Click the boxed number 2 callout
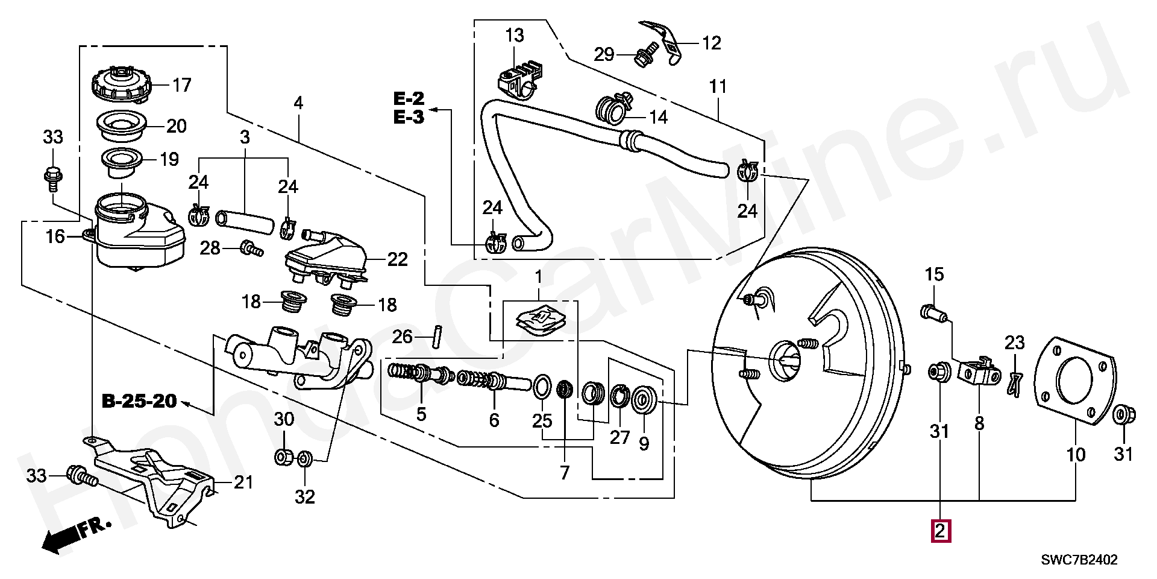[941, 531]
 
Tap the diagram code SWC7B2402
[1080, 560]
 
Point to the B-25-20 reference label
[139, 400]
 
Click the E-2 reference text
[409, 98]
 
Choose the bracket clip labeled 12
[663, 40]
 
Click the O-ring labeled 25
[541, 387]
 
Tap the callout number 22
[397, 259]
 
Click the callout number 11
[718, 87]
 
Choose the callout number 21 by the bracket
[243, 482]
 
